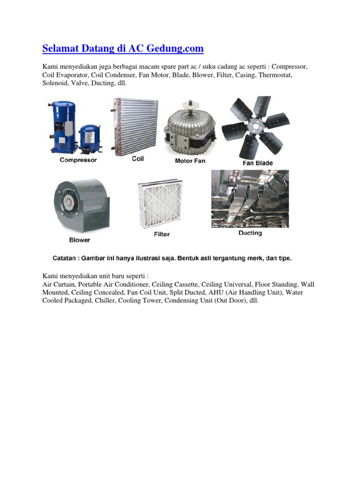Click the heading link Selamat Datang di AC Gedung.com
pos(123,49)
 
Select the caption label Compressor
pos(78,160)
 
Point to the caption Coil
pos(138,159)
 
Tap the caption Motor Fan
pos(190,161)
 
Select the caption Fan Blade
pos(257,163)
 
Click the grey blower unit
pos(81,206)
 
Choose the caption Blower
pos(80,240)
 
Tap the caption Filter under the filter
pos(162,234)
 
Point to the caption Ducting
pos(250,233)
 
